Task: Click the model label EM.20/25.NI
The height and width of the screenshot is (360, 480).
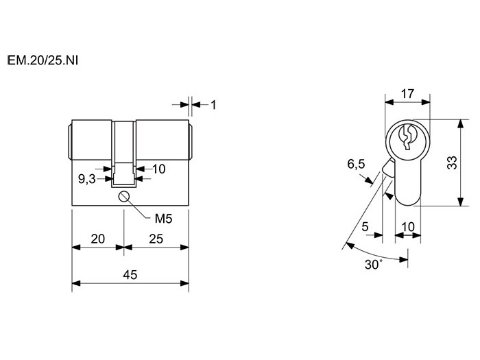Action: coord(43,60)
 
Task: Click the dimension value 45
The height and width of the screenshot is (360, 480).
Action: coord(130,274)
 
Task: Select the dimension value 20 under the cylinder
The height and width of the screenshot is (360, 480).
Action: coord(98,239)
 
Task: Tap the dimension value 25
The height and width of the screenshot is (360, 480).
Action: coord(156,239)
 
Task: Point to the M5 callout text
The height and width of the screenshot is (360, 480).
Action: coord(163,219)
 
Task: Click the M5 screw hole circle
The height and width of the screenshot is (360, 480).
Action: coord(123,197)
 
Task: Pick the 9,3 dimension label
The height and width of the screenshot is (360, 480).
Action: coord(87,179)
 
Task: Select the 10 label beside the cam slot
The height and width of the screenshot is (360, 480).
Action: coord(159,169)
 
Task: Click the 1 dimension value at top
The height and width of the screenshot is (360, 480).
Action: coord(213,105)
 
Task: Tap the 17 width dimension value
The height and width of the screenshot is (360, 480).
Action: coord(407,93)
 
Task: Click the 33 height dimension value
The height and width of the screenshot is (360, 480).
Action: coord(452,163)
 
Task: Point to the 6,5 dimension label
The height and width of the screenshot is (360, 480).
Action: coord(356,164)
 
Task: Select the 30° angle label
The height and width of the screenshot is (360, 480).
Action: coord(374,264)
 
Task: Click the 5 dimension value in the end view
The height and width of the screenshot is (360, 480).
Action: coord(365,227)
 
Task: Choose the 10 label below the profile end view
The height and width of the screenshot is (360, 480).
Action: coord(408,227)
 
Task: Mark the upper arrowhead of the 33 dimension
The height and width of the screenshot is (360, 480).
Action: coord(460,123)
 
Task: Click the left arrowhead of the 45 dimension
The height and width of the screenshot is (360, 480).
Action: coord(76,283)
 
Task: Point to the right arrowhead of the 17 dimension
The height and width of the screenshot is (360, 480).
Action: coord(426,102)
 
